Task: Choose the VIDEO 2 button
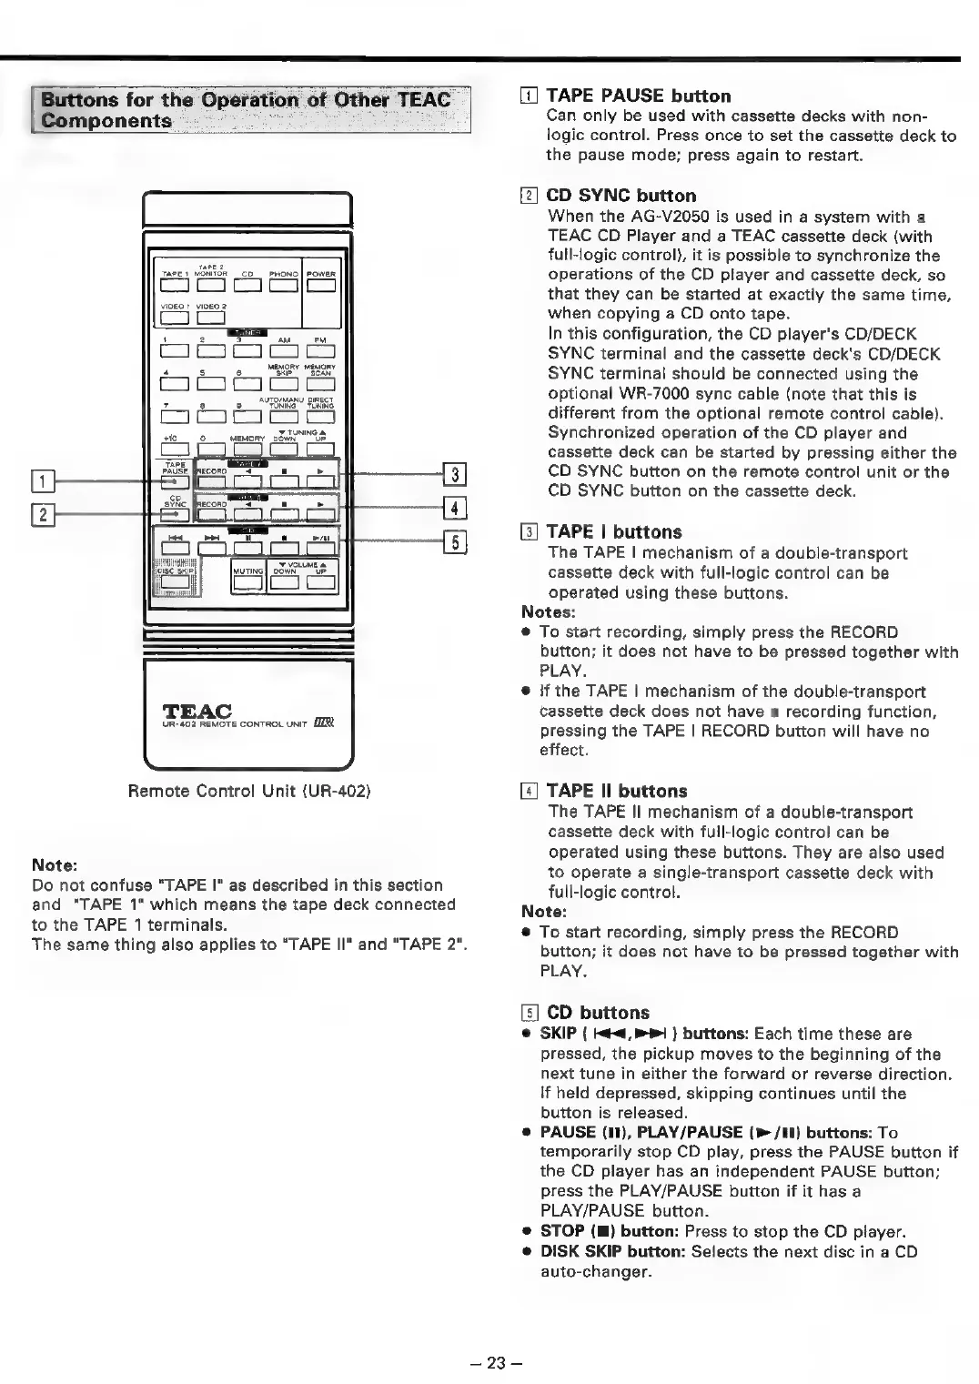tap(211, 318)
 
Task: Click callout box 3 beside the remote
tap(455, 474)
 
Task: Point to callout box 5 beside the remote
tap(455, 543)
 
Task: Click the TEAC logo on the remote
tap(196, 711)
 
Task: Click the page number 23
tap(494, 1362)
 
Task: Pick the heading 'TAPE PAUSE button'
tap(638, 96)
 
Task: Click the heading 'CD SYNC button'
tap(621, 196)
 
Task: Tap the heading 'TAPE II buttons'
tap(617, 791)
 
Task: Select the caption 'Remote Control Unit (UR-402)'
tap(248, 790)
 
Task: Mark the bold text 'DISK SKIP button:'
tap(613, 1251)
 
